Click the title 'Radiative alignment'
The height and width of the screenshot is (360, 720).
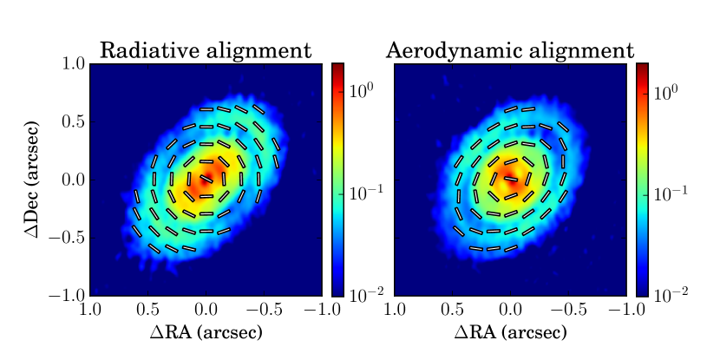[206, 50]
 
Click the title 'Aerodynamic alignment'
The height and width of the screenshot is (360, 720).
[510, 50]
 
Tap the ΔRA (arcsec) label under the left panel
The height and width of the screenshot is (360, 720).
[206, 331]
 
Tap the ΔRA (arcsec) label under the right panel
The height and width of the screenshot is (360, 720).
[510, 331]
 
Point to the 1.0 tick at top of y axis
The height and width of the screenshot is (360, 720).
[75, 64]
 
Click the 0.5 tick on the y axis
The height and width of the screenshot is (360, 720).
[75, 122]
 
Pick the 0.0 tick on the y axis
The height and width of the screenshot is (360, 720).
[75, 180]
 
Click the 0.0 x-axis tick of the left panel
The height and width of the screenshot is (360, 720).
[206, 310]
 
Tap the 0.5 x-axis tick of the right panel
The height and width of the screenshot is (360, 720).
[453, 310]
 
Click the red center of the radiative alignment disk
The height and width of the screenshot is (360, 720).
[205, 181]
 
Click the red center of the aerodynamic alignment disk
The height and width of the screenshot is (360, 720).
[509, 181]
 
